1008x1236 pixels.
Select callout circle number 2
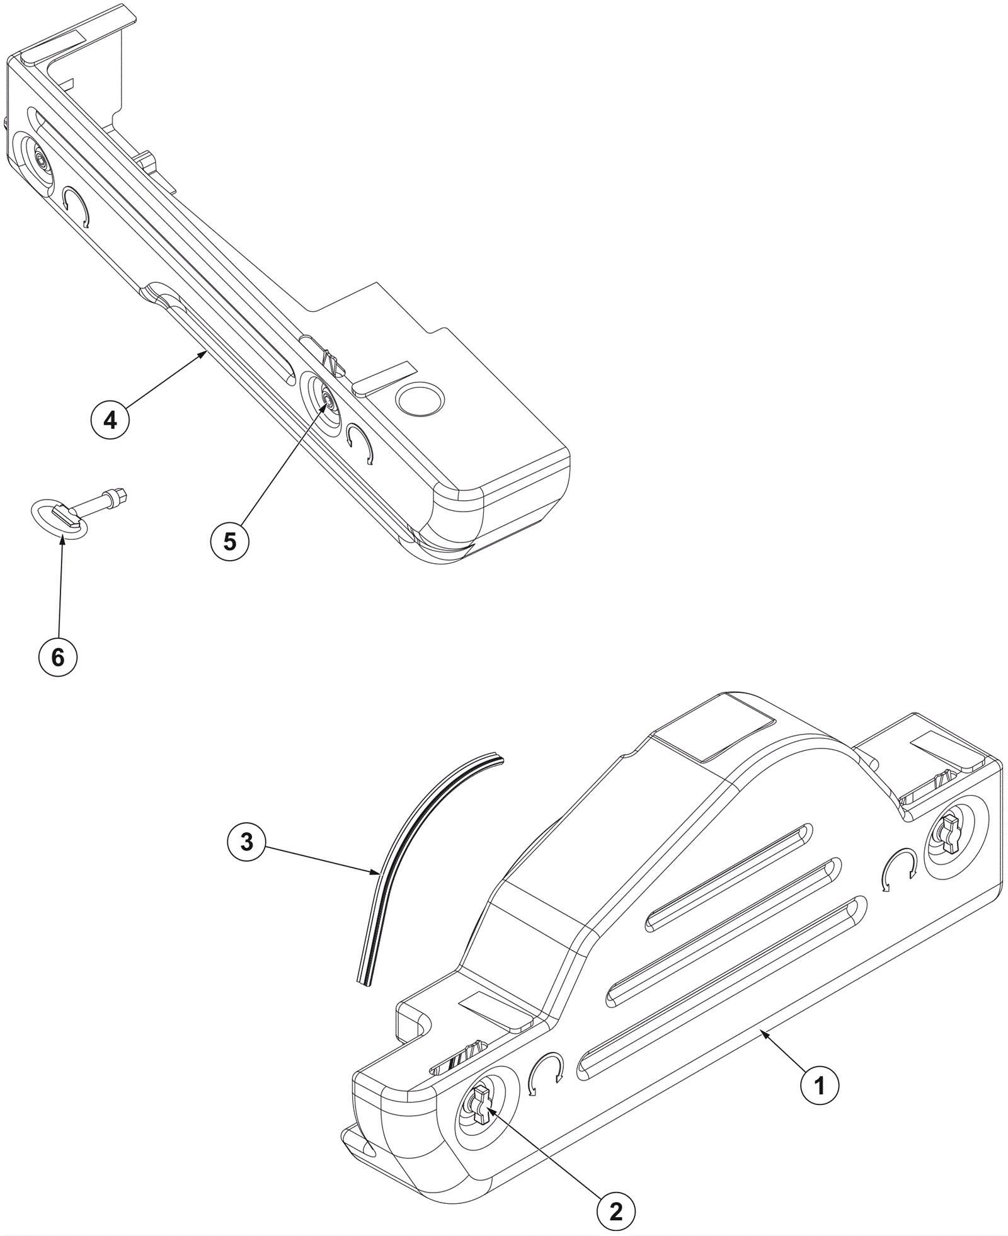click(x=616, y=1193)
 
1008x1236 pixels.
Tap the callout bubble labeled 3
click(x=246, y=842)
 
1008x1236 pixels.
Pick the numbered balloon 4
click(x=110, y=419)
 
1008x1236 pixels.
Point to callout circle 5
click(x=230, y=541)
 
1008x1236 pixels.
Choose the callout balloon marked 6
click(x=58, y=658)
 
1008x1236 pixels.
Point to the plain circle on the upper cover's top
click(x=420, y=399)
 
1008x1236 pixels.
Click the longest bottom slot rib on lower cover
click(x=721, y=988)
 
